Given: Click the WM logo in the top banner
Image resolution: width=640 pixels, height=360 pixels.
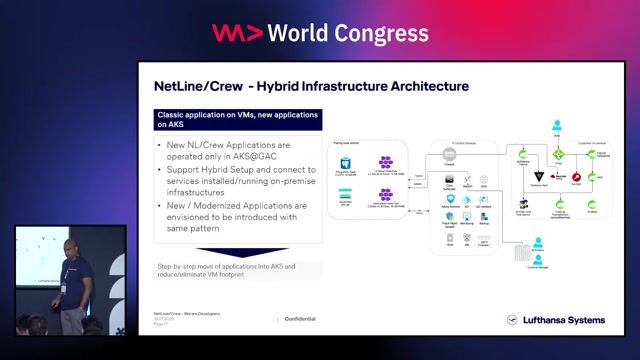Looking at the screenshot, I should click(237, 33).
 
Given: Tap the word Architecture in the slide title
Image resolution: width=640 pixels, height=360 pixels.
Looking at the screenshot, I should click(422, 86).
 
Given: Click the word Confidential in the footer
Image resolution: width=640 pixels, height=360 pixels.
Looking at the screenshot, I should click(301, 319).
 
